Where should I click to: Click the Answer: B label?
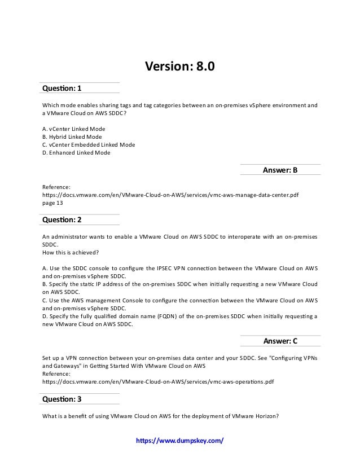click(x=280, y=169)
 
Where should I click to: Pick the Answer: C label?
click(x=280, y=341)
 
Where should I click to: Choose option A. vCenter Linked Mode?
click(x=74, y=129)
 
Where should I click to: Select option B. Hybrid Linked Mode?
click(x=72, y=137)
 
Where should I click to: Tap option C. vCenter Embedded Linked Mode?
click(x=89, y=144)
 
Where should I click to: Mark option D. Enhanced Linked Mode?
click(x=77, y=152)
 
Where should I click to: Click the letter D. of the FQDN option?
click(x=45, y=316)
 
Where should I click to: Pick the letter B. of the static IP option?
click(x=45, y=284)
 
